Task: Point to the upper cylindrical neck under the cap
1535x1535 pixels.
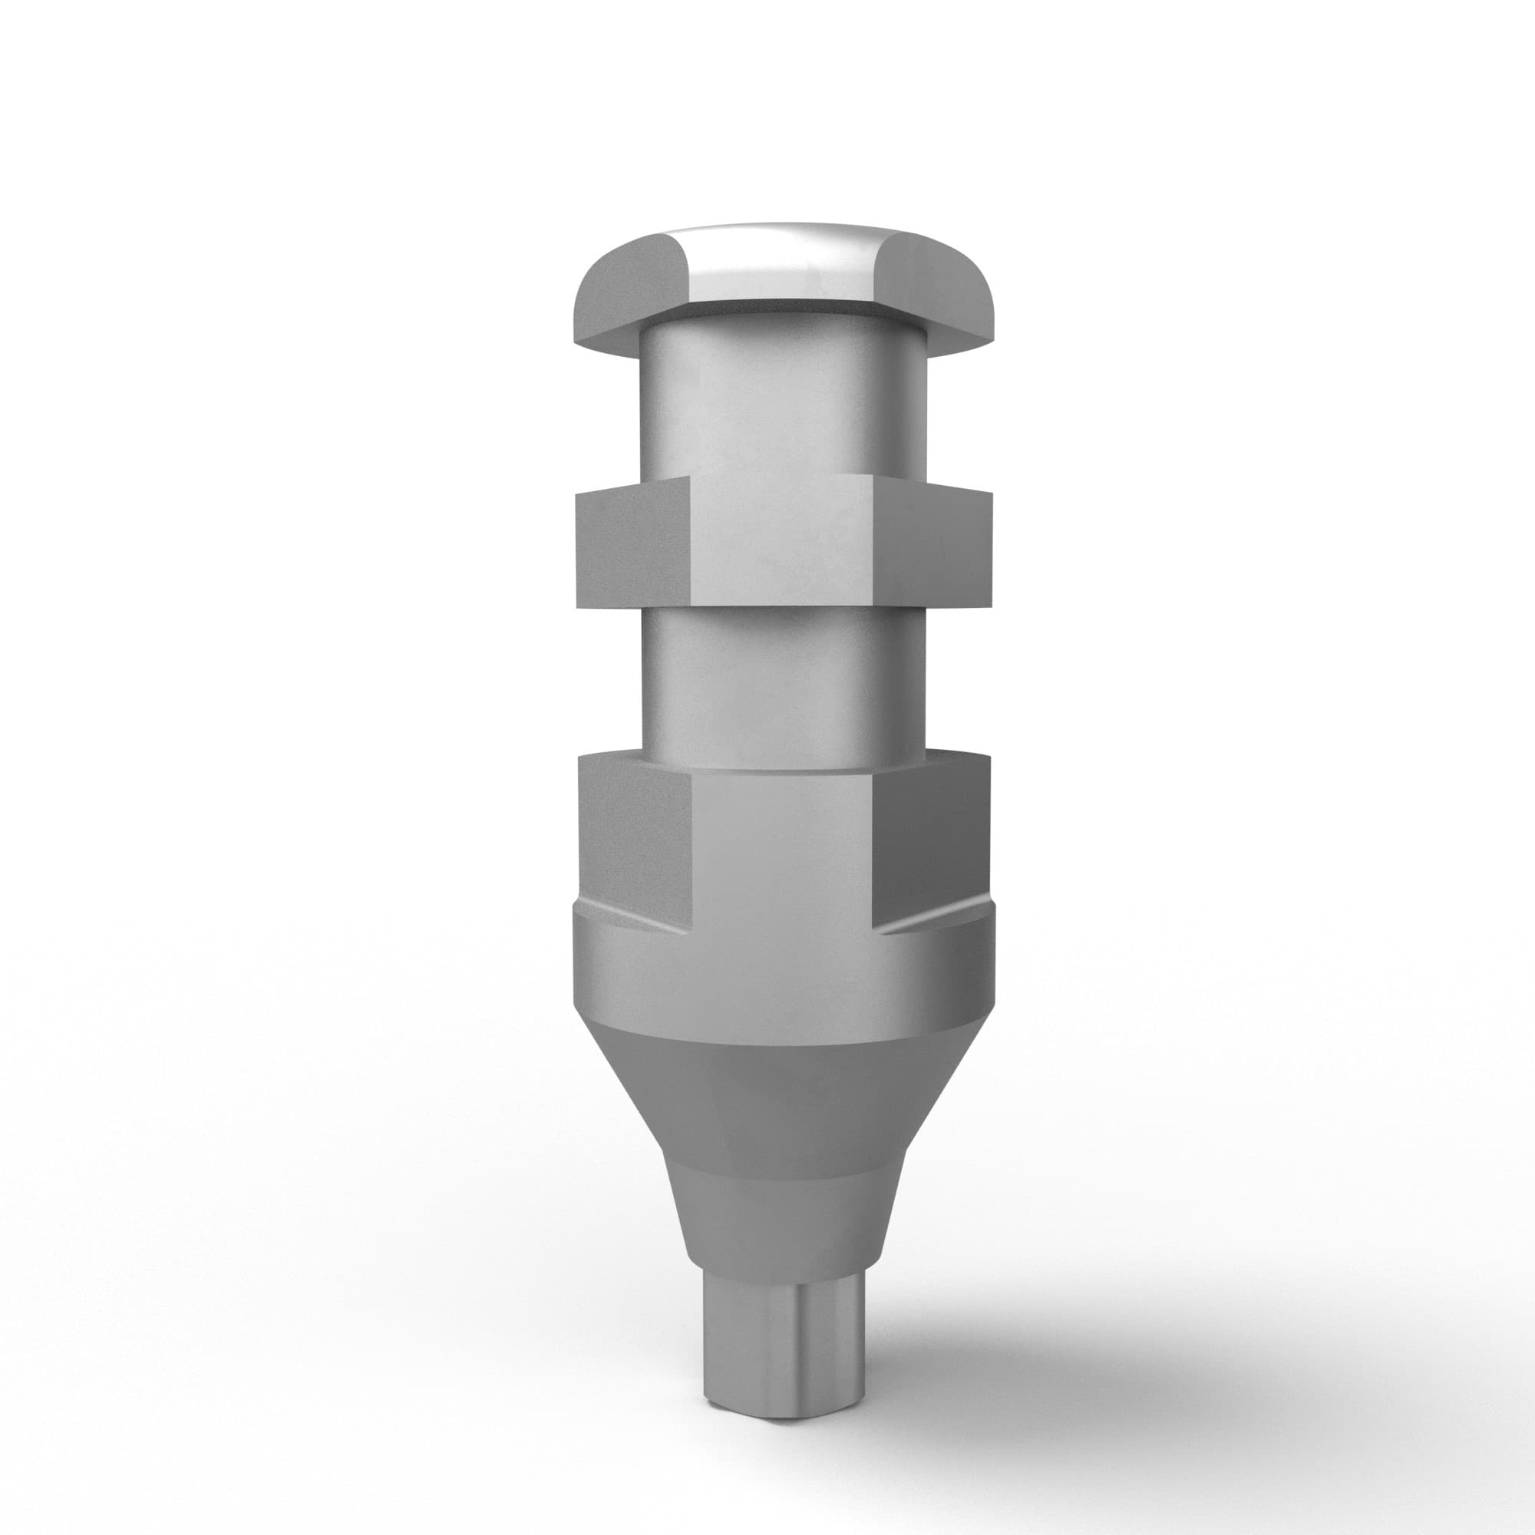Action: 783,398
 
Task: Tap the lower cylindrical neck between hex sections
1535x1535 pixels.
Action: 783,683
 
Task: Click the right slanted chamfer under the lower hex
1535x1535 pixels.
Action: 933,922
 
